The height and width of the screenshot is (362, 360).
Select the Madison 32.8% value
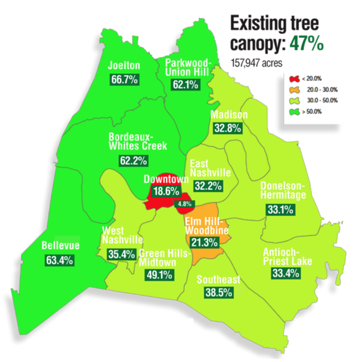pyautogui.click(x=227, y=128)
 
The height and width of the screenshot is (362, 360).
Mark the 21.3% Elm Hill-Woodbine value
pyautogui.click(x=205, y=242)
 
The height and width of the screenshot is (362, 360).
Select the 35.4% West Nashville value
pyautogui.click(x=121, y=254)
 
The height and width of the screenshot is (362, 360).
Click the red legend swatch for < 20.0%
pyautogui.click(x=293, y=79)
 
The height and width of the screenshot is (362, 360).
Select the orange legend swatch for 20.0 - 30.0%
pyautogui.click(x=293, y=90)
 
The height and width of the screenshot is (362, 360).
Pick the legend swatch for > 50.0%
pyautogui.click(x=293, y=111)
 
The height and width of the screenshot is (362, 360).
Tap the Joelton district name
pyautogui.click(x=124, y=66)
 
